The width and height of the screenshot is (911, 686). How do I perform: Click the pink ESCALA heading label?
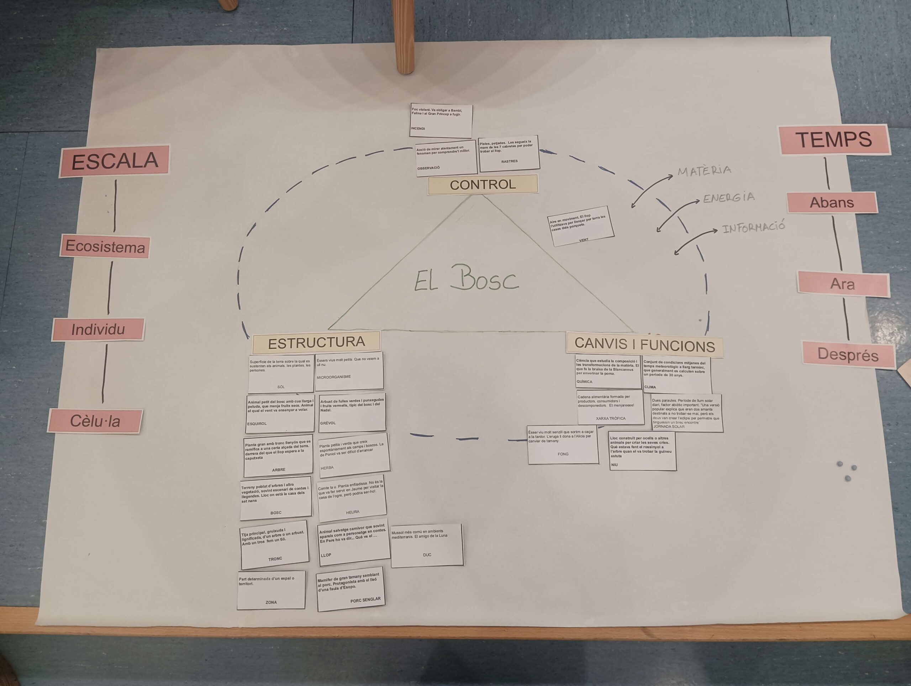click(x=114, y=160)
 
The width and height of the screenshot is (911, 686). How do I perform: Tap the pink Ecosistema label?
click(x=105, y=246)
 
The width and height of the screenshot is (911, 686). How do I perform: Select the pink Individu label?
click(x=98, y=329)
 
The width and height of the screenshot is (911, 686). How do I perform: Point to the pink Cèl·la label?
click(x=95, y=421)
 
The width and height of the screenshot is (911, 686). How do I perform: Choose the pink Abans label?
click(x=832, y=202)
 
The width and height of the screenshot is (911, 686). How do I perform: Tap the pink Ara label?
click(x=843, y=284)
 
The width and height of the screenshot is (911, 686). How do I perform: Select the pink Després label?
click(x=848, y=354)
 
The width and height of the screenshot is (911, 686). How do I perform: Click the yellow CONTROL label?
click(x=483, y=184)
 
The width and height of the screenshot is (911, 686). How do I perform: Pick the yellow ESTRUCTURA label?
click(x=316, y=342)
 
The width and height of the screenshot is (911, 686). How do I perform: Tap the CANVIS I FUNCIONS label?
click(x=644, y=344)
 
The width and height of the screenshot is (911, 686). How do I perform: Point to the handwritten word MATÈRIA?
click(x=705, y=170)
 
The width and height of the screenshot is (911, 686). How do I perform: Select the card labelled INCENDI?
click(x=441, y=120)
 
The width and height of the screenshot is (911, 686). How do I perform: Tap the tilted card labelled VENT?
click(x=581, y=226)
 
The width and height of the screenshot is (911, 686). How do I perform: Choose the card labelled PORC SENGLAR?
click(x=351, y=589)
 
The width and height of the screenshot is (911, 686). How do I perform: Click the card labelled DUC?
click(x=427, y=545)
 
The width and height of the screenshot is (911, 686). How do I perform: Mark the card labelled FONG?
click(x=563, y=445)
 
